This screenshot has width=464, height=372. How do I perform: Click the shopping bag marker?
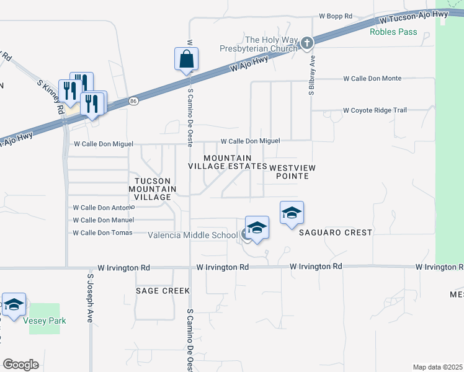(x=186, y=60)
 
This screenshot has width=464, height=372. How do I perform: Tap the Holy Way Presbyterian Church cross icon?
(x=307, y=42)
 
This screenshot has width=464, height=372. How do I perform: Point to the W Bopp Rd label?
(x=336, y=15)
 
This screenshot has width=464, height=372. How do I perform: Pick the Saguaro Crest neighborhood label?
(x=336, y=232)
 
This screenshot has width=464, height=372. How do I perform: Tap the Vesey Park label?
(x=45, y=321)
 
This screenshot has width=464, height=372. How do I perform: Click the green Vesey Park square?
(x=45, y=312)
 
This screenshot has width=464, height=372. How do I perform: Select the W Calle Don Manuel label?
(x=103, y=220)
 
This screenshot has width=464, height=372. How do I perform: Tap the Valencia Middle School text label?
(x=193, y=235)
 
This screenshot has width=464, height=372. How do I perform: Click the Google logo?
(x=20, y=364)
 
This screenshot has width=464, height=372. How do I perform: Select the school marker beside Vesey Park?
(x=14, y=304)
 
